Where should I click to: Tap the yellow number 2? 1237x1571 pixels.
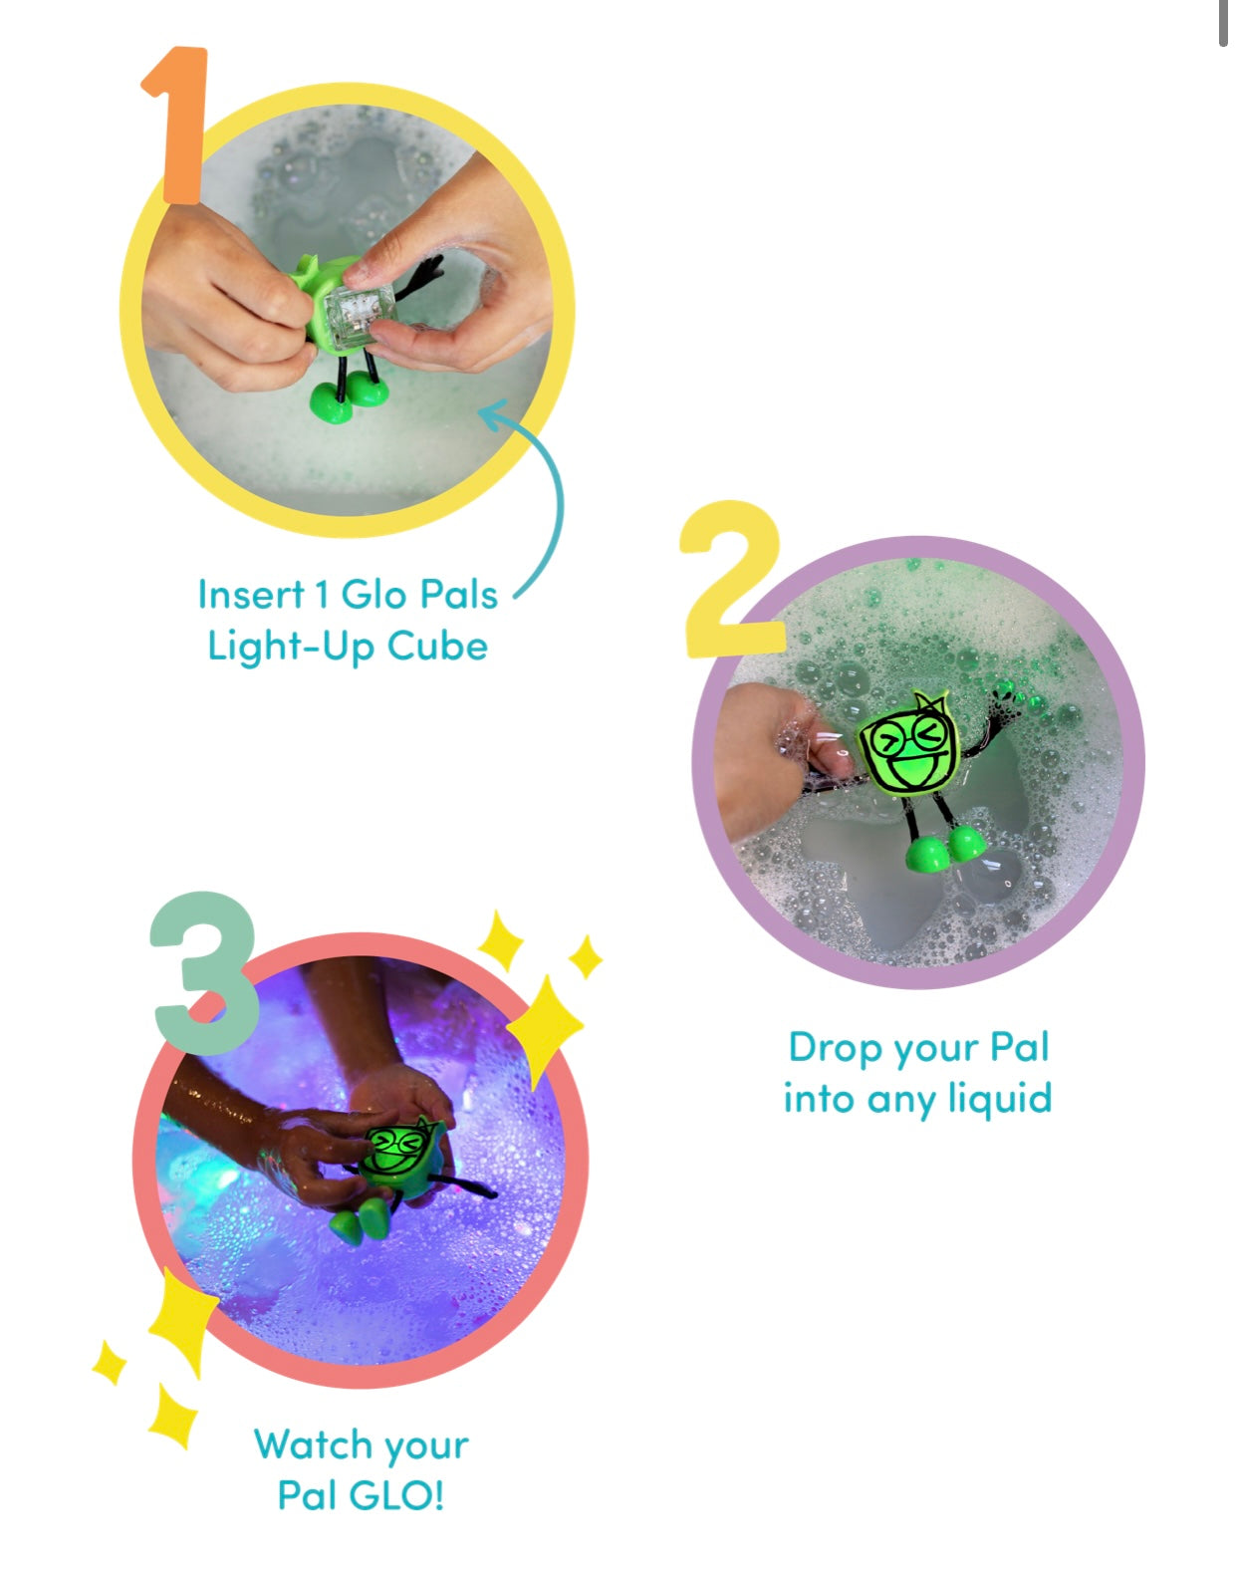coord(732,579)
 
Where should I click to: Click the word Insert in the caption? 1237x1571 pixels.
coord(251,594)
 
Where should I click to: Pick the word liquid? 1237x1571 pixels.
coord(1000,1100)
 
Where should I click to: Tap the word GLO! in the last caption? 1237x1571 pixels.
coord(396,1496)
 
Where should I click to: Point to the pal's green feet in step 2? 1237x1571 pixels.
coord(945,849)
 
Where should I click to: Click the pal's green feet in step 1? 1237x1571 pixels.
coord(348,398)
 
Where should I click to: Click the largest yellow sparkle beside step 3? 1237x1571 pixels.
coord(544,1028)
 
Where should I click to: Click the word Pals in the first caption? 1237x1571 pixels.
coord(459,594)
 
